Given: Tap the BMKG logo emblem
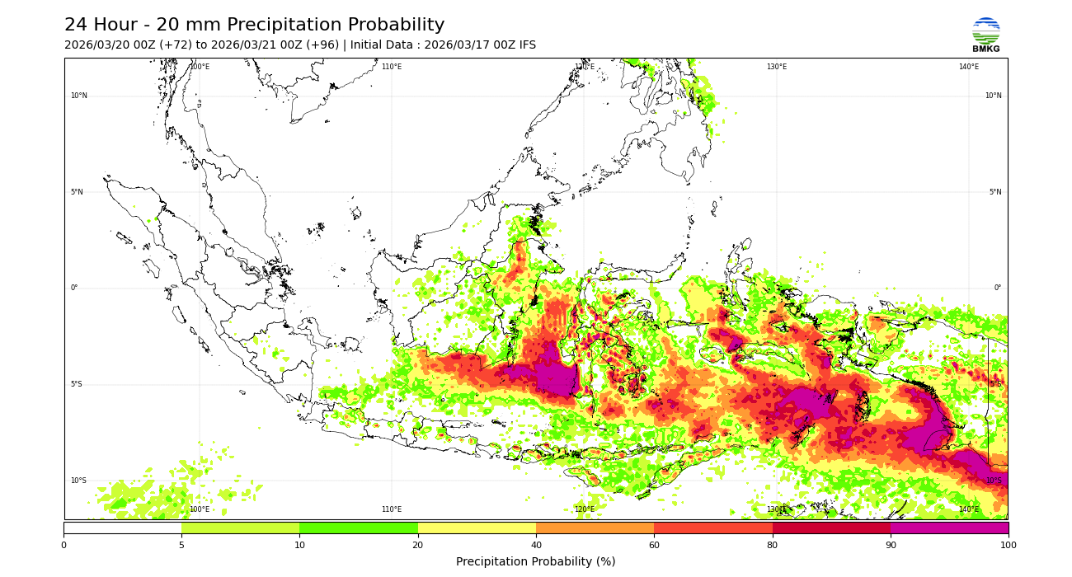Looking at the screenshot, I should click(x=985, y=31).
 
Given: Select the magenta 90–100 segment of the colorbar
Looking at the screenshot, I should click(x=949, y=528).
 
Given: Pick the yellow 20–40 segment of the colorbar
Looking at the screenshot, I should click(x=477, y=528).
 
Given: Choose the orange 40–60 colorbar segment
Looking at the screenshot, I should click(x=595, y=528).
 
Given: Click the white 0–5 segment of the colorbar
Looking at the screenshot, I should click(x=122, y=528).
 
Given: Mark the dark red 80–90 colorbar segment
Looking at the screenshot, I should click(x=831, y=528).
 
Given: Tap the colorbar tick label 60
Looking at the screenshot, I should click(x=654, y=545).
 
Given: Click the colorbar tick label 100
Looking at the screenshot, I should click(x=1008, y=545).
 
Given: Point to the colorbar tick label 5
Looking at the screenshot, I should click(x=181, y=545).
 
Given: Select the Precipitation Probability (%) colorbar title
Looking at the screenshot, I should click(x=535, y=562).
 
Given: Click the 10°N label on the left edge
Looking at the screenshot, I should click(x=78, y=96).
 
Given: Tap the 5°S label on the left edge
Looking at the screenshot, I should click(x=77, y=384).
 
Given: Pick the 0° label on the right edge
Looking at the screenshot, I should click(x=997, y=288).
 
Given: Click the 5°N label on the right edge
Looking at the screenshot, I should click(x=995, y=192).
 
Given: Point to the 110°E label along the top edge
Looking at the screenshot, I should click(x=392, y=67).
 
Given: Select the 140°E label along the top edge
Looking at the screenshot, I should click(x=968, y=67).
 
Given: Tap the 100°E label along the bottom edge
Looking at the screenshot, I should click(x=200, y=509).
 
